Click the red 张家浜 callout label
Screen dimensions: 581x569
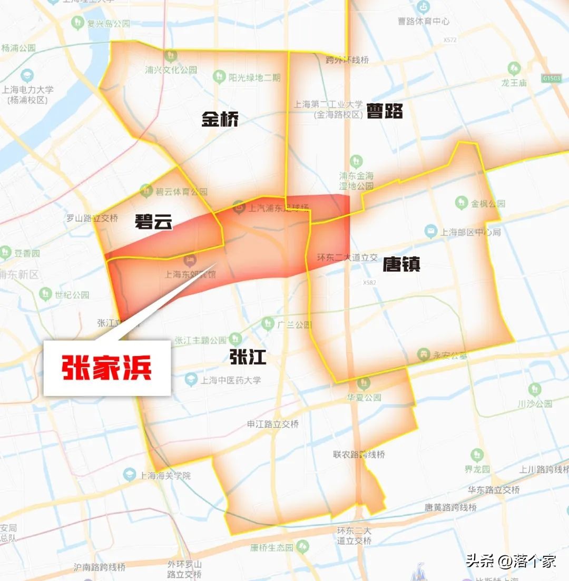coord(107,368)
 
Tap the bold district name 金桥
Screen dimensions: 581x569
coord(220,120)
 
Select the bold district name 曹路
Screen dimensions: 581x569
coord(385,111)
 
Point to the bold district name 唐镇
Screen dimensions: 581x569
coord(401,264)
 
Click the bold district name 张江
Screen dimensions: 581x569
coord(248,358)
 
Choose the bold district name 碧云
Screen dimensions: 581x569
coord(153,222)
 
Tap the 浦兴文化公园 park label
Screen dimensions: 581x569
coord(171,70)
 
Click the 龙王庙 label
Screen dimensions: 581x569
coord(514,83)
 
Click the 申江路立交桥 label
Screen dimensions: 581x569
coord(273,424)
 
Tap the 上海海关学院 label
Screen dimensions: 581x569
coord(164,476)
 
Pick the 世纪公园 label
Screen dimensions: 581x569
coord(72,294)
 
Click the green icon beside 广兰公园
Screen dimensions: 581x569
coord(268,323)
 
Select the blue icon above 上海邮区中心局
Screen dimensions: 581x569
coord(431,230)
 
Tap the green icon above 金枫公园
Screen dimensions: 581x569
coord(462,202)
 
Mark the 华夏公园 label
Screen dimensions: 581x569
coord(364,398)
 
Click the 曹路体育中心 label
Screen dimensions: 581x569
coord(424,22)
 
